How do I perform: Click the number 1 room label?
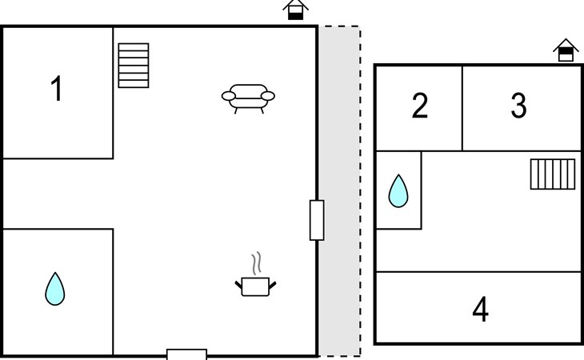[56, 89]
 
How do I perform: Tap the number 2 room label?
[420, 106]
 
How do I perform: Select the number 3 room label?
[518, 106]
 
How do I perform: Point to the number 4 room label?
[480, 310]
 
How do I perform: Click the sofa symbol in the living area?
[248, 98]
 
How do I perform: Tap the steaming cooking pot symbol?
[256, 285]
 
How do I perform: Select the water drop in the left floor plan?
[54, 289]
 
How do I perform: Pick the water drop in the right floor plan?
[398, 191]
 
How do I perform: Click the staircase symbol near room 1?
[134, 65]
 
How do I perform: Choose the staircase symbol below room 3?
[553, 174]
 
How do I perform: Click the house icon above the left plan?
[296, 10]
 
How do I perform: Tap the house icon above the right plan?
[566, 50]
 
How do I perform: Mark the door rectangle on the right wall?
[317, 220]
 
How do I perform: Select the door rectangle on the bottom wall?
[186, 354]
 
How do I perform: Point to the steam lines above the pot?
[256, 263]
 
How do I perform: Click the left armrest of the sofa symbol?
[229, 97]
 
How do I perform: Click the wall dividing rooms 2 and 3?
[462, 108]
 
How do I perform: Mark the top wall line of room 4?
[480, 272]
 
